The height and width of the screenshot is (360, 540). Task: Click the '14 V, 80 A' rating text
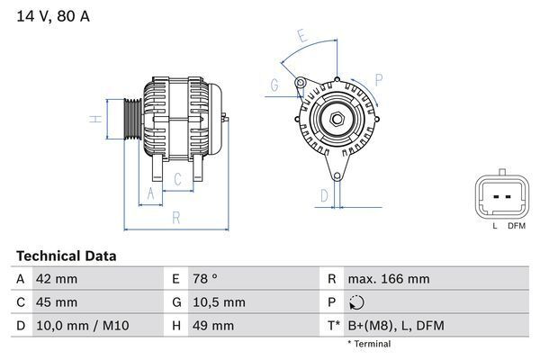pos(53,16)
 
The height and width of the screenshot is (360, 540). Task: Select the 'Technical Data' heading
pos(66,256)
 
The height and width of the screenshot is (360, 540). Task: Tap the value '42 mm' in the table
pos(56,279)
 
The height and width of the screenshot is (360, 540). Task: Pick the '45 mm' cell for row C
pos(56,302)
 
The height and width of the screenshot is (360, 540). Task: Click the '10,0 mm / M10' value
pos(79,325)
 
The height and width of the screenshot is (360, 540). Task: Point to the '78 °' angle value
pos(205,279)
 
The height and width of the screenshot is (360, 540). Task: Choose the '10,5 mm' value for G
pos(217,302)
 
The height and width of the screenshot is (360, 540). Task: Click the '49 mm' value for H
pos(211,325)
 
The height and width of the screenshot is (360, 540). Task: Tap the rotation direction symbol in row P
pos(356,302)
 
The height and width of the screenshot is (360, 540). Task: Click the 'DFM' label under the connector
pos(516,226)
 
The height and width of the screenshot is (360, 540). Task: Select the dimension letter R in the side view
pos(176,217)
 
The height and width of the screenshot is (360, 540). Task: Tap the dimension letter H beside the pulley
pos(93,119)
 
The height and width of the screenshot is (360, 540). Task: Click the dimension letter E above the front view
pos(303,37)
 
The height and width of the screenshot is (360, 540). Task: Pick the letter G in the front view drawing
pos(274,86)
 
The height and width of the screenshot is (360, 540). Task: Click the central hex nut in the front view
pos(334,120)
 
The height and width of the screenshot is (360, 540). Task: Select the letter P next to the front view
pos(378,79)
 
